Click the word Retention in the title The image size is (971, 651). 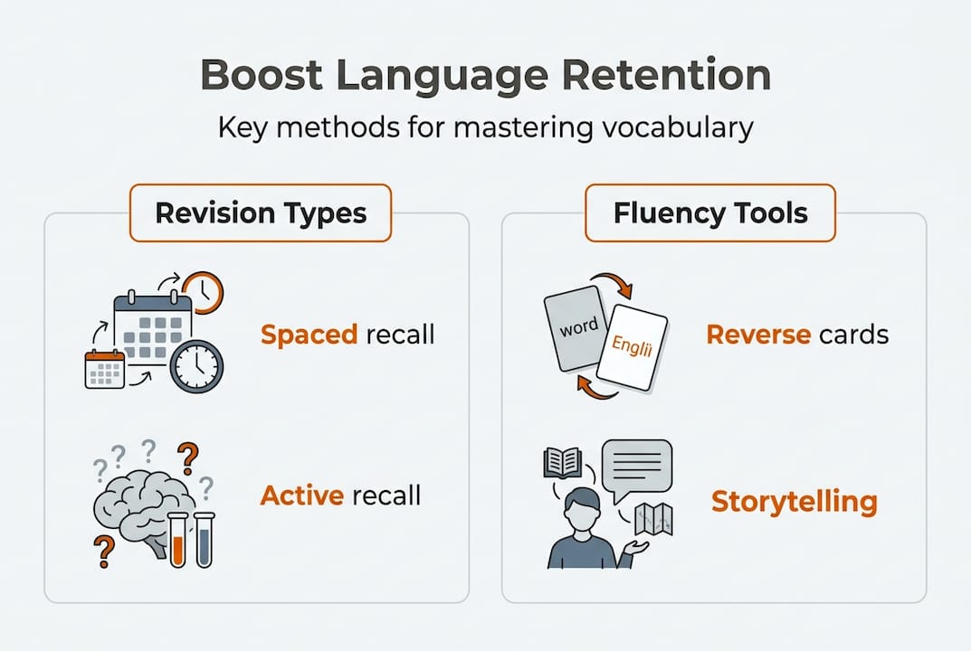(x=666, y=74)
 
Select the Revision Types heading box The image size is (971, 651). (x=261, y=212)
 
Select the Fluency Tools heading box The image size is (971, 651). (x=710, y=212)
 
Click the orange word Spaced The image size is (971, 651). (x=309, y=335)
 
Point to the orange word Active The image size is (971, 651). (x=302, y=495)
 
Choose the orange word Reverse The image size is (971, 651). (x=758, y=335)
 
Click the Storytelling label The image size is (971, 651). (x=795, y=502)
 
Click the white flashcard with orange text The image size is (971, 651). (x=633, y=348)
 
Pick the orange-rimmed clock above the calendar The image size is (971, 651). (x=203, y=292)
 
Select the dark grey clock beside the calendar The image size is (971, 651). (x=197, y=365)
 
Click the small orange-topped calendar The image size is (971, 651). (x=105, y=370)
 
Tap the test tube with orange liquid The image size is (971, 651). (x=177, y=540)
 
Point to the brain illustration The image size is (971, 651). (x=139, y=512)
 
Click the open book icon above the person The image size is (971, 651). (x=562, y=462)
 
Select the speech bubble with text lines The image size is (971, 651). (x=636, y=469)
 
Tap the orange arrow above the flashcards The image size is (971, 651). (x=614, y=283)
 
